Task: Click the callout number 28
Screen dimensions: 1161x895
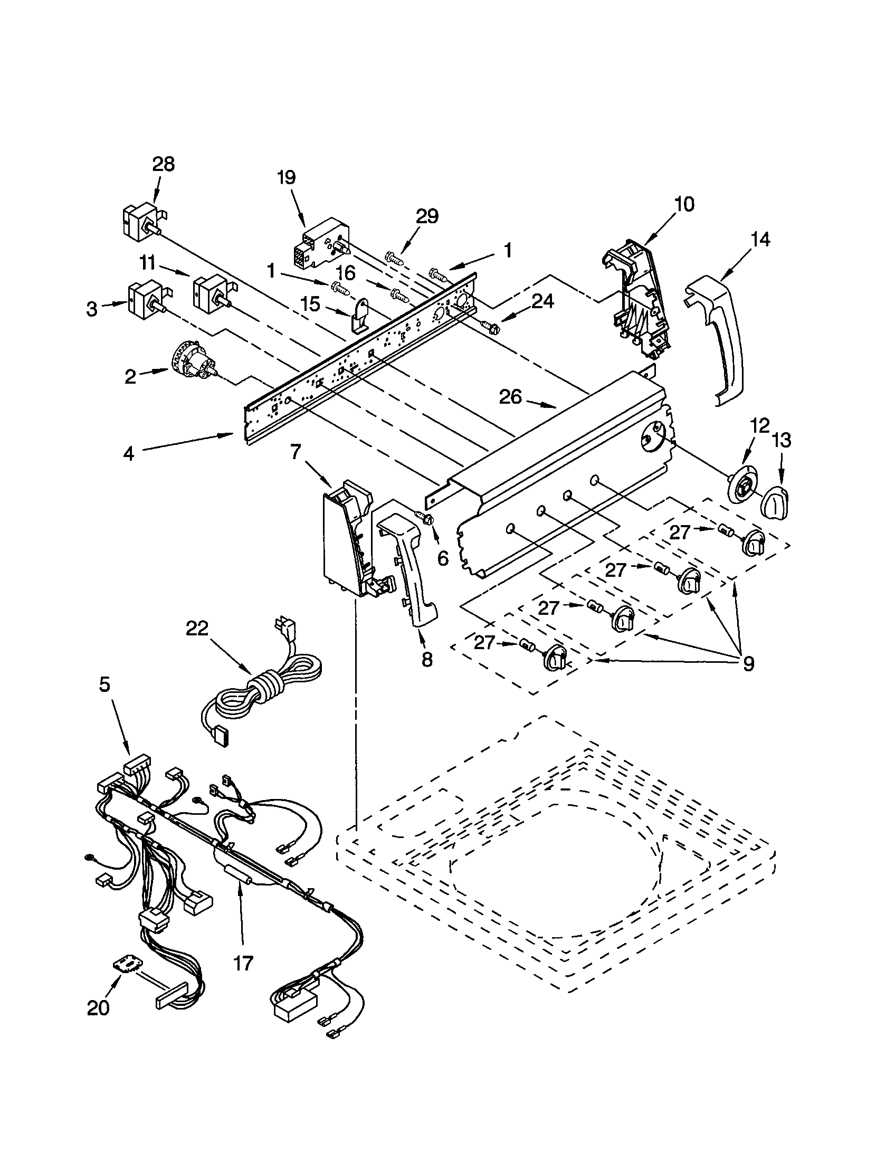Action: tap(163, 164)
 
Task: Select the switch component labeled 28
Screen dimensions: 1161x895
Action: tap(139, 222)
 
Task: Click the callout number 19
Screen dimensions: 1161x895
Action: tap(287, 177)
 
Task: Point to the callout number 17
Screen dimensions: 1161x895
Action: tap(243, 963)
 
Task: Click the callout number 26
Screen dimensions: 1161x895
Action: tap(510, 397)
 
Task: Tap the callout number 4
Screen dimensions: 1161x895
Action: tap(129, 453)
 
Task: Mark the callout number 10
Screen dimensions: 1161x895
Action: tap(684, 204)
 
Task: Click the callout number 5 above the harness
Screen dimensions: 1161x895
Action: tap(104, 684)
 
